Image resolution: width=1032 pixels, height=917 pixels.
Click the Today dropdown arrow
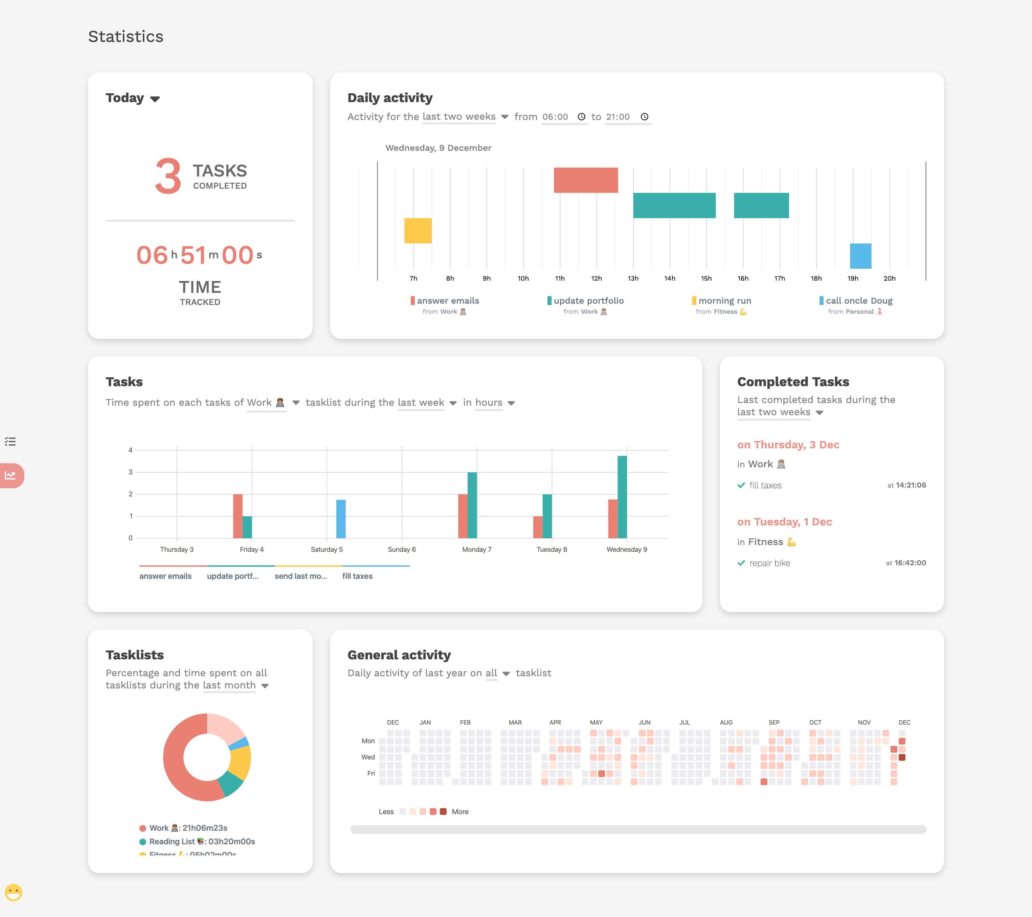click(155, 99)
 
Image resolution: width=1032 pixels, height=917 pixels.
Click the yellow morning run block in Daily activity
click(418, 231)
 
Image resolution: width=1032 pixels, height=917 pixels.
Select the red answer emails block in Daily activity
click(586, 180)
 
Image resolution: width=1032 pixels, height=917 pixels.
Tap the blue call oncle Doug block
click(860, 256)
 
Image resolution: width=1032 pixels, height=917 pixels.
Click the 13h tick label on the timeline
click(633, 279)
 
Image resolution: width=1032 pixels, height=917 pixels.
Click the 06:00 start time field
click(555, 117)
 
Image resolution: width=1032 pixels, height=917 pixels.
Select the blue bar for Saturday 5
click(341, 519)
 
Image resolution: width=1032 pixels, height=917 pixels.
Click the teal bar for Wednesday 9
click(623, 497)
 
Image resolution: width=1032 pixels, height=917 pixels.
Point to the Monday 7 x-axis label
click(477, 549)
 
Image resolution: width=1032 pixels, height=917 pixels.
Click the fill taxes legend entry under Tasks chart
click(357, 577)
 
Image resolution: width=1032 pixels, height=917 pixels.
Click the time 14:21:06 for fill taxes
click(911, 485)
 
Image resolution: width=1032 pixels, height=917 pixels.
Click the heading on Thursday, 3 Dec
click(788, 445)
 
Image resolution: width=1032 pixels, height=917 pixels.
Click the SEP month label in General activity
click(774, 723)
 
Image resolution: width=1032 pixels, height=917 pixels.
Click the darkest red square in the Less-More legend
click(443, 812)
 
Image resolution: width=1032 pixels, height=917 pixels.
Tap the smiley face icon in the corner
click(14, 892)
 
